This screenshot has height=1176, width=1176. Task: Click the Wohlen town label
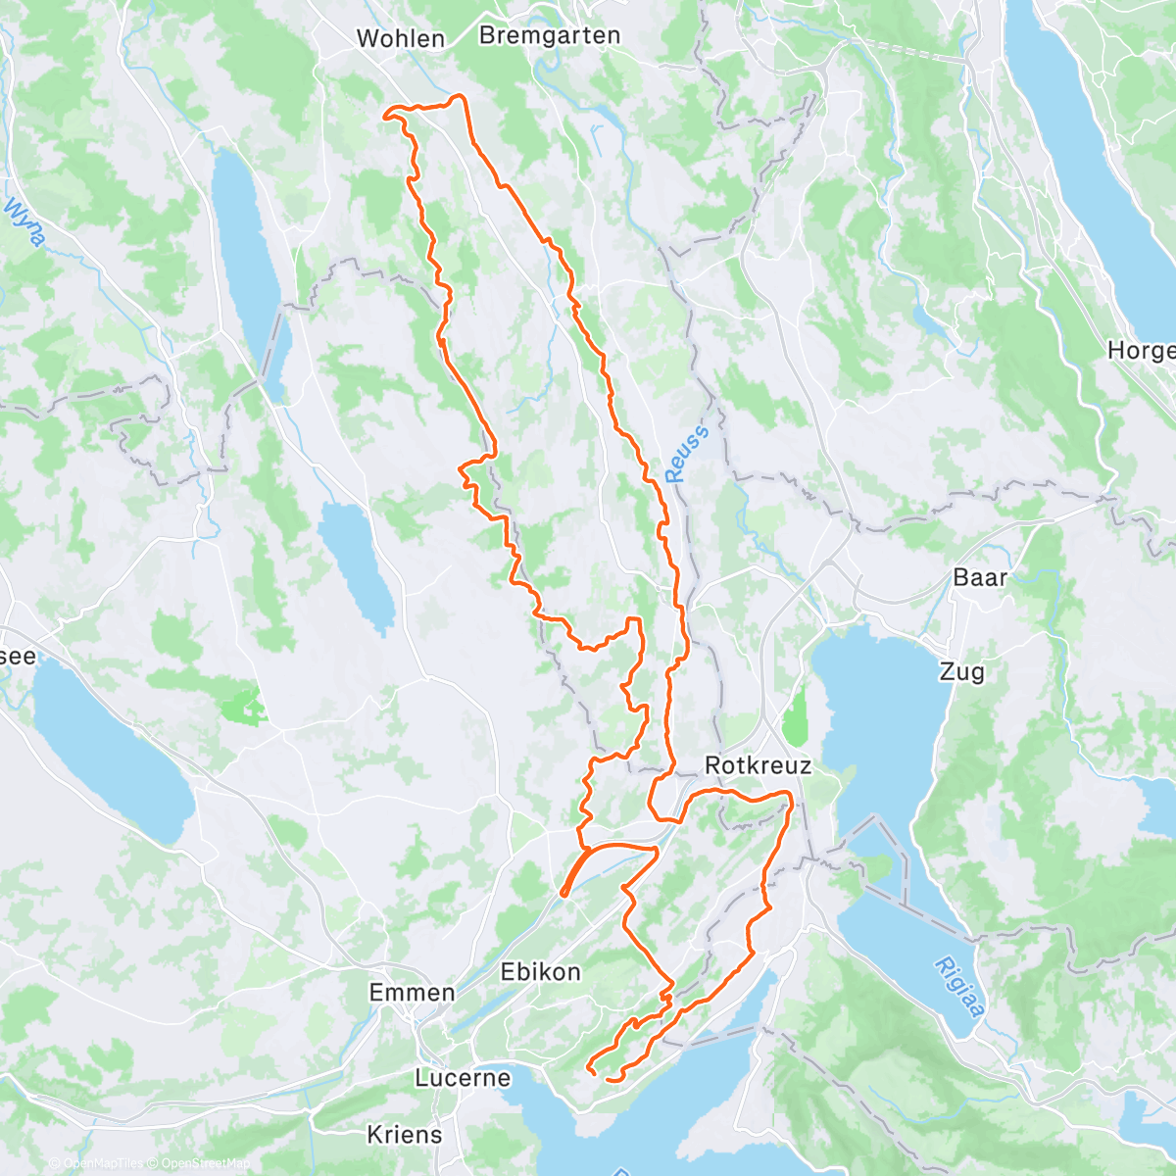[400, 39]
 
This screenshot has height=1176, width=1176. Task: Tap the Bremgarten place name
[550, 36]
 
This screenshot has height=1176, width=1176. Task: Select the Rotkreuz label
[758, 765]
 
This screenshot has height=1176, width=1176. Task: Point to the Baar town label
[980, 577]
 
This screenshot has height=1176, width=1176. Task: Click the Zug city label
[961, 672]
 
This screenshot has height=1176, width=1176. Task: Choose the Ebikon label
[540, 972]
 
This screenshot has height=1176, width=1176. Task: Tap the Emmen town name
[412, 993]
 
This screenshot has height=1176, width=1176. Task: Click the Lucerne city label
[463, 1078]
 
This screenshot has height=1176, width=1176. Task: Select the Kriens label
[404, 1135]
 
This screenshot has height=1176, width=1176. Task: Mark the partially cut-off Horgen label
[1142, 350]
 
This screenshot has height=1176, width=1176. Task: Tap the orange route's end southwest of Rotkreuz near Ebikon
[563, 893]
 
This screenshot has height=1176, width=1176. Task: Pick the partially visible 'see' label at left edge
[18, 657]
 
